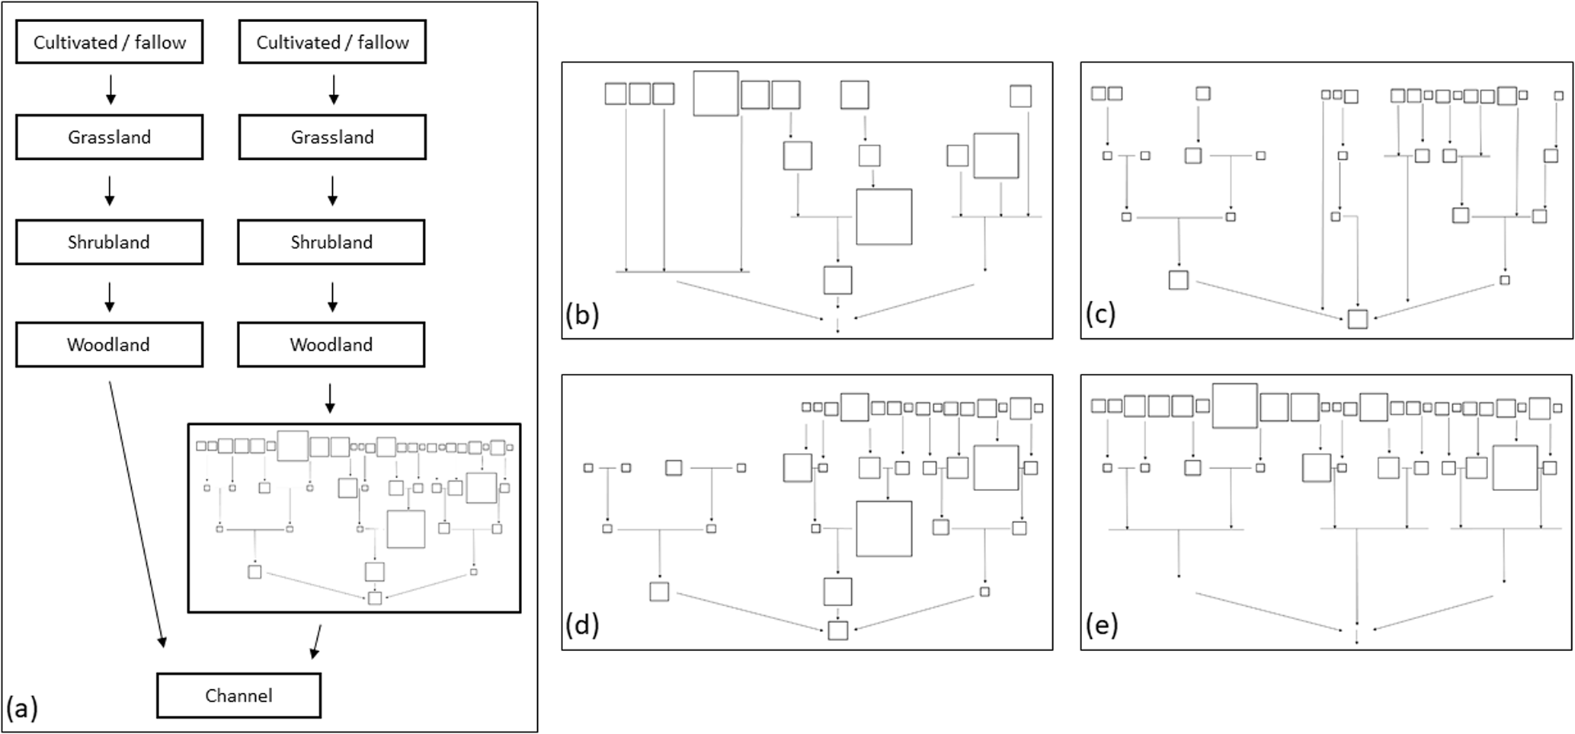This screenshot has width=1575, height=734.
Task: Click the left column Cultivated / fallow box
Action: pos(109,42)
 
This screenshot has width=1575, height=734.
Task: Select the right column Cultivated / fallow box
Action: pos(332,42)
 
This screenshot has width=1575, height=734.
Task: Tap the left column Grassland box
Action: pos(109,137)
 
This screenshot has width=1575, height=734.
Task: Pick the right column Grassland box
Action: pos(332,137)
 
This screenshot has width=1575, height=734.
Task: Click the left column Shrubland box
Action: pos(109,242)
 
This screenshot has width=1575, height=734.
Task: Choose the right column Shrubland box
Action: pos(331,242)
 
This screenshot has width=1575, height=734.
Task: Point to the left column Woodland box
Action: pos(109,344)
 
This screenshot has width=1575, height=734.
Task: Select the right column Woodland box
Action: pos(331,344)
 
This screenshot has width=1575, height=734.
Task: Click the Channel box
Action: pos(238,695)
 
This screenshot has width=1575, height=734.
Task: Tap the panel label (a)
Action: pos(21,708)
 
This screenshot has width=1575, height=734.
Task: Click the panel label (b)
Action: pos(582,314)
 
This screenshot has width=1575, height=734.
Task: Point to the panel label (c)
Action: pos(1100,314)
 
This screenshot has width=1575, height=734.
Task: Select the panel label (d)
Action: pos(582,625)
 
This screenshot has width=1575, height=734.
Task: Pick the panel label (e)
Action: pos(1100,625)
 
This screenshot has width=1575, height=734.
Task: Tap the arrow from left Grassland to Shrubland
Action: pos(110,190)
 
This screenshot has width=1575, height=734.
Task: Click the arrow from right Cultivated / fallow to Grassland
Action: pos(333,89)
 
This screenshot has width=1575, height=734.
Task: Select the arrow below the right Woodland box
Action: pos(329,397)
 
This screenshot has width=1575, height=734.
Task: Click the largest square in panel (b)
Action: pos(884,217)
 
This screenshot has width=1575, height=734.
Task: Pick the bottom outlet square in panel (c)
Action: pos(1357,318)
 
